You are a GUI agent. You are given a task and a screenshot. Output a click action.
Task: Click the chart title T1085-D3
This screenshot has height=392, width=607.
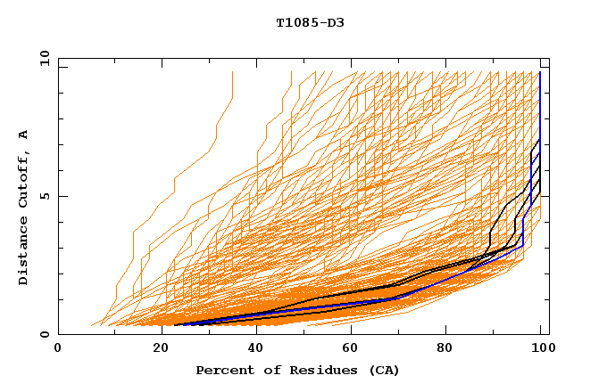(310, 22)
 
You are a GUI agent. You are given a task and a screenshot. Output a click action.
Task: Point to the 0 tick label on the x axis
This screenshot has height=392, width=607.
(58, 347)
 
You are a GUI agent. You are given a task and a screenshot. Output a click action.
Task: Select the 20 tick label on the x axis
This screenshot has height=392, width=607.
(155, 347)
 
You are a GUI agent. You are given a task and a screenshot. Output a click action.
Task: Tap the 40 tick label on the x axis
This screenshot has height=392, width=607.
(253, 347)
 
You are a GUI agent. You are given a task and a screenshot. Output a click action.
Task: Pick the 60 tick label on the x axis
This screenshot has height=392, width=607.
(350, 347)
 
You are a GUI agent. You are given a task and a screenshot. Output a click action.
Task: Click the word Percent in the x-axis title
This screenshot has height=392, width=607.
(223, 370)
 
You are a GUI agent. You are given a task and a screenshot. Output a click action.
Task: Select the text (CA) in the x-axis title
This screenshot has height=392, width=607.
(382, 370)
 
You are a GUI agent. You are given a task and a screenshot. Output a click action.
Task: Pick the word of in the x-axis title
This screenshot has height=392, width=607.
(267, 370)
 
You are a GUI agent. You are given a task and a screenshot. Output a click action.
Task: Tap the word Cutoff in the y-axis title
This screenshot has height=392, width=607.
(23, 179)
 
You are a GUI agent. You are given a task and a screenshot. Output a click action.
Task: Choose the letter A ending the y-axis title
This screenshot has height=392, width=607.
(23, 135)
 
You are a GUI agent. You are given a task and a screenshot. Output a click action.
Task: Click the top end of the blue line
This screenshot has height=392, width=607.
(540, 72)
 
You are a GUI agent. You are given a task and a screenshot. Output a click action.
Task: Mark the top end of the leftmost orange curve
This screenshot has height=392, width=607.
(232, 72)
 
